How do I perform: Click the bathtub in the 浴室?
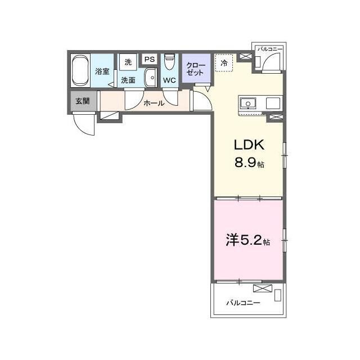click(x=80, y=71)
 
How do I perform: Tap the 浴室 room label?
click(x=102, y=71)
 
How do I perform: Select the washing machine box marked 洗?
click(x=128, y=62)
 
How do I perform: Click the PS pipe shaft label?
click(x=150, y=59)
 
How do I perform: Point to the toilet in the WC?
click(x=170, y=61)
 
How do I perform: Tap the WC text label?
click(x=169, y=80)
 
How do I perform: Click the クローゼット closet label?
click(x=195, y=69)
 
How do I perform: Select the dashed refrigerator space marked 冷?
click(x=224, y=62)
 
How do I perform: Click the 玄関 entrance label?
click(x=83, y=101)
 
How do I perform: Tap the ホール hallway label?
click(x=154, y=103)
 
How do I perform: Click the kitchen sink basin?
click(x=248, y=103)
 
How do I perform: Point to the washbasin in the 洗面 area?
click(x=150, y=78)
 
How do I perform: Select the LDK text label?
click(x=249, y=145)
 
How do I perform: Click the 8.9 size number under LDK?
click(x=245, y=163)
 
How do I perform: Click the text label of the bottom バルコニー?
click(x=243, y=303)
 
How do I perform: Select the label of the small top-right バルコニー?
click(x=270, y=49)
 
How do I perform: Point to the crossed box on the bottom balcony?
click(x=263, y=289)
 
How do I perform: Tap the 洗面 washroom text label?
click(x=128, y=80)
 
